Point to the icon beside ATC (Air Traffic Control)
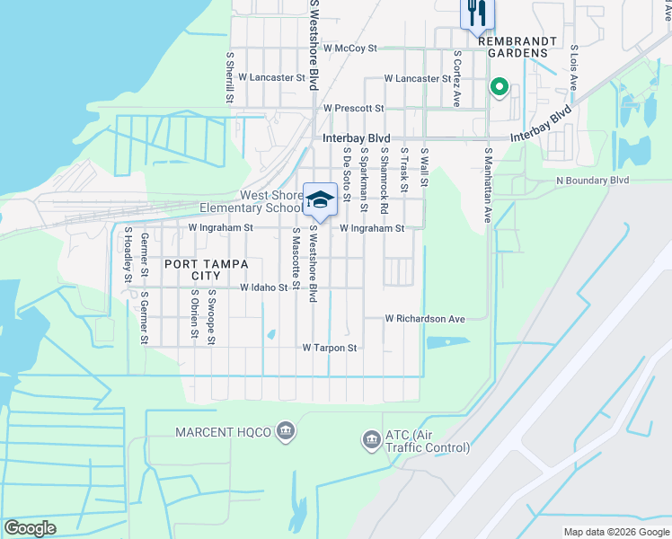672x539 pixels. coord(371,439)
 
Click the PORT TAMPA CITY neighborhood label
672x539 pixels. coord(192,270)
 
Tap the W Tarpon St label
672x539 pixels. coord(330,348)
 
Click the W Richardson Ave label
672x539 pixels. coord(425,319)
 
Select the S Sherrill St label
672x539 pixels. coord(230,75)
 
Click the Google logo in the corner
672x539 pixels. coord(31,528)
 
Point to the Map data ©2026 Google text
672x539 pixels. coord(615,532)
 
